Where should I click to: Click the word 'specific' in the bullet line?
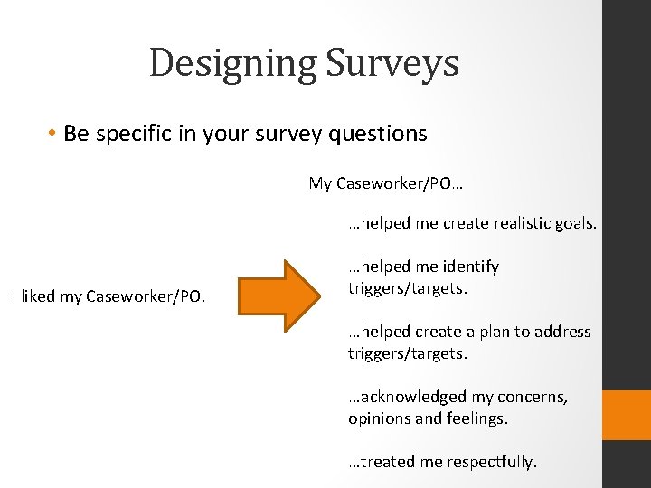coord(137,134)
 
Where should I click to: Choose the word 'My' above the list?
coord(320,183)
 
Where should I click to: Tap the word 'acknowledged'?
coord(409,397)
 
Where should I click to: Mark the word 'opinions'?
coord(379,418)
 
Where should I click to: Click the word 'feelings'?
coord(476,418)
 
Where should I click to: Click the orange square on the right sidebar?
coord(627,415)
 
